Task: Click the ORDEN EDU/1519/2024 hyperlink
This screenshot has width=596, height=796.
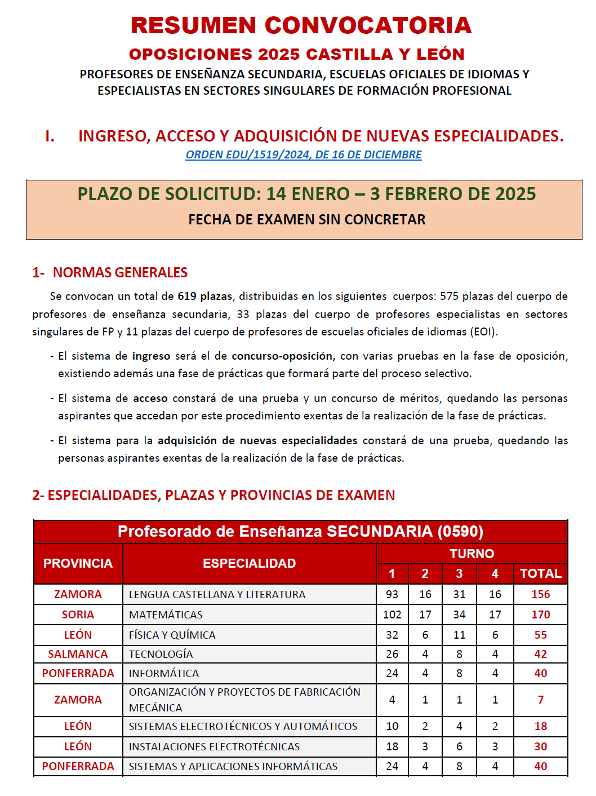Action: point(303,154)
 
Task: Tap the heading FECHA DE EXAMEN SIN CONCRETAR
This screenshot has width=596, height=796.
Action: point(306,219)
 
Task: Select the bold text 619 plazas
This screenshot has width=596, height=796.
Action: point(204,296)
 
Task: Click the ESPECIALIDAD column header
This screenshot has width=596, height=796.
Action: point(249,563)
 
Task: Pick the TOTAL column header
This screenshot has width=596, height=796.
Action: point(540,573)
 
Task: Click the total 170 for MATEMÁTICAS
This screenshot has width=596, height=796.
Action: point(540,614)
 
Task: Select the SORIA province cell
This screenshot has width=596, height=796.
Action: point(78,614)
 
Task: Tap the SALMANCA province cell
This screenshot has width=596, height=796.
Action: point(78,654)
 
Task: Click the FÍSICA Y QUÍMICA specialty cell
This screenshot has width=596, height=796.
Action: point(172,635)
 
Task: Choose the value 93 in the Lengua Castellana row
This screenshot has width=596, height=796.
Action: point(392,594)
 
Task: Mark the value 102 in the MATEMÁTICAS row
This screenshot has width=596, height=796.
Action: point(392,614)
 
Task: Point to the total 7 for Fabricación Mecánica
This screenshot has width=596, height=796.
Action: point(540,700)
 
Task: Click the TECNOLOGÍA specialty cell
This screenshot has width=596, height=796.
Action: point(161,654)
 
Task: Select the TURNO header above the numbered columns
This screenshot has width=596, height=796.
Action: point(472,554)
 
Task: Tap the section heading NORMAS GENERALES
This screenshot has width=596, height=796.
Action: point(120,272)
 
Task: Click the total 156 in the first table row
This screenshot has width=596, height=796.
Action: point(540,594)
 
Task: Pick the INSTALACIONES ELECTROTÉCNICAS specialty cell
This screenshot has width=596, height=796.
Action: point(214,746)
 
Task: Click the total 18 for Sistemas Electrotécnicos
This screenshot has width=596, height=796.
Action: point(540,726)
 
